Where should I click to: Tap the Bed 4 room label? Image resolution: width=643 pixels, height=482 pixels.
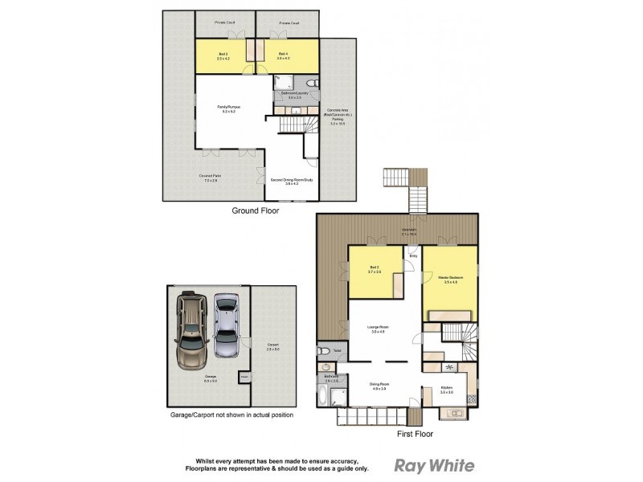(x=283, y=55)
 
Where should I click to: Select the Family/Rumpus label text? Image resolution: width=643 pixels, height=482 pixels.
(x=230, y=109)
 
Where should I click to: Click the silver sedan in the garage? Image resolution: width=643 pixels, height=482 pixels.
(x=227, y=323)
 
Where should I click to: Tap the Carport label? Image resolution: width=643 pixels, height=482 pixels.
(x=273, y=347)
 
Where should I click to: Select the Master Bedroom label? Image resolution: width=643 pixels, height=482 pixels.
(x=449, y=280)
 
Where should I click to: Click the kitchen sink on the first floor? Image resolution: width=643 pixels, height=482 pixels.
(x=453, y=415)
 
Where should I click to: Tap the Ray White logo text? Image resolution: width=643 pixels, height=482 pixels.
(x=433, y=465)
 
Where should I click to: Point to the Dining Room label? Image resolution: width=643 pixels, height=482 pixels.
(x=379, y=386)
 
